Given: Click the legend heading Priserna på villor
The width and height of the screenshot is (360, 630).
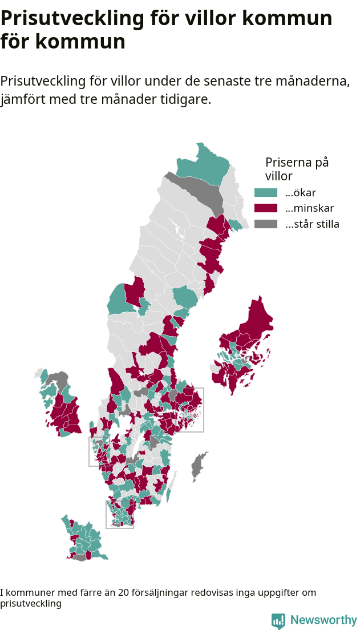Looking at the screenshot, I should click(297, 169).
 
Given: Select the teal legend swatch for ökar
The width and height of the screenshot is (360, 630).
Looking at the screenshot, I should click(265, 192).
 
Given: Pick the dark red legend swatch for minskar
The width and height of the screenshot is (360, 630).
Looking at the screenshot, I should click(265, 208).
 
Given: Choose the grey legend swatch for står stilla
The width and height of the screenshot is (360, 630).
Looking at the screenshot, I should click(265, 224).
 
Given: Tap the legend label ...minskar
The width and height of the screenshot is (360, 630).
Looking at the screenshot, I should click(309, 208).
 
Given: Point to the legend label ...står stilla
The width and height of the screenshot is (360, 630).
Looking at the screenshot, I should click(312, 224).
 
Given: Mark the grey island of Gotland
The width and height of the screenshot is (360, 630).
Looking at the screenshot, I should click(198, 466).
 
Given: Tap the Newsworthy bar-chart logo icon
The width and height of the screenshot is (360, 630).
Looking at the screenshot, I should click(278, 621).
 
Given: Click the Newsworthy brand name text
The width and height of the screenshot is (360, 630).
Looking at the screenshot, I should click(323, 620).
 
